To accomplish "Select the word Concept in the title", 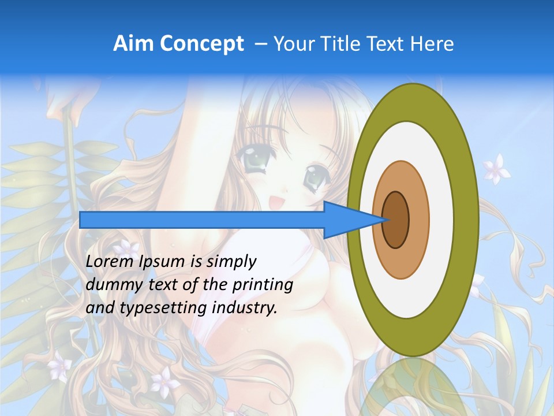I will click(x=201, y=44).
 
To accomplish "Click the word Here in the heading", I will click(x=432, y=44).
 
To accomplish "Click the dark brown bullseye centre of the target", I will click(x=396, y=220).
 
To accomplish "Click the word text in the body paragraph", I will click(x=160, y=285).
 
